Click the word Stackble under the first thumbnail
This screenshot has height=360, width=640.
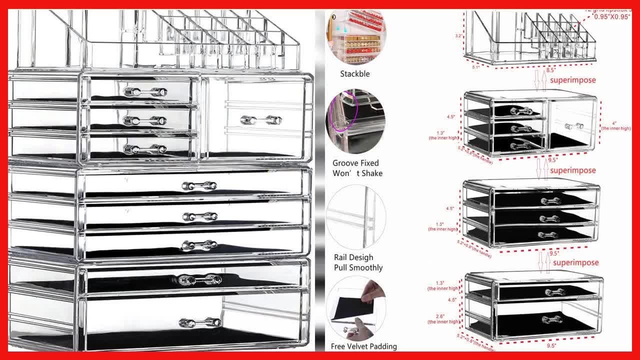click(x=355, y=74)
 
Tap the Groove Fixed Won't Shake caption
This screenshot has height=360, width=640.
click(x=357, y=168)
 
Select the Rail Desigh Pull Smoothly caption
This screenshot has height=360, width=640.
click(x=358, y=262)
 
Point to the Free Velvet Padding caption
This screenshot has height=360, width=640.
click(x=363, y=346)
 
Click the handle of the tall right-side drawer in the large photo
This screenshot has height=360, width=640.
click(x=260, y=120)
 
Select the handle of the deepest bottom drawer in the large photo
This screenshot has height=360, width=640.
click(x=200, y=322)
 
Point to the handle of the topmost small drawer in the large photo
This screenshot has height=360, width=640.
click(x=145, y=92)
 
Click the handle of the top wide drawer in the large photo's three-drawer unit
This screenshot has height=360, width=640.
click(x=199, y=186)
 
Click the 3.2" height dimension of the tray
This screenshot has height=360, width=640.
click(x=458, y=36)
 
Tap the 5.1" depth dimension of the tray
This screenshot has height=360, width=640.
click(x=475, y=66)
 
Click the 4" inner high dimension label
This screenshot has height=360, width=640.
click(x=615, y=125)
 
